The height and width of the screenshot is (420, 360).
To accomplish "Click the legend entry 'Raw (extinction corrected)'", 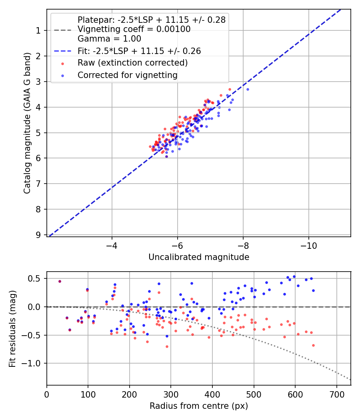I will click(x=132, y=63).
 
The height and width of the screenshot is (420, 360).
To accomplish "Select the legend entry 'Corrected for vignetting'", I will click(x=128, y=75).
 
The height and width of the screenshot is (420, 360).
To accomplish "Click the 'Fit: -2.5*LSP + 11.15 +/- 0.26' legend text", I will click(x=139, y=51).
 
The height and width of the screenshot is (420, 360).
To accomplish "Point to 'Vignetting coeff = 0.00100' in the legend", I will click(x=134, y=29).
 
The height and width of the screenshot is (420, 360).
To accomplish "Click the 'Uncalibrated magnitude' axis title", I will click(x=199, y=257).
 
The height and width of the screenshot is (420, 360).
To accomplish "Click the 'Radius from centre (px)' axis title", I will click(x=199, y=406).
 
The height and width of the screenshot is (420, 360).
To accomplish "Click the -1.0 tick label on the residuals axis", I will click(x=34, y=363).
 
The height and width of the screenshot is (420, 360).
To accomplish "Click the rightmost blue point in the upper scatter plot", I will click(x=248, y=89).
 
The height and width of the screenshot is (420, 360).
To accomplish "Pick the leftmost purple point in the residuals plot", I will click(x=60, y=281).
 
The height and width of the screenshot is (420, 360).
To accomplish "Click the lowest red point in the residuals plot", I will click(x=167, y=346).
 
